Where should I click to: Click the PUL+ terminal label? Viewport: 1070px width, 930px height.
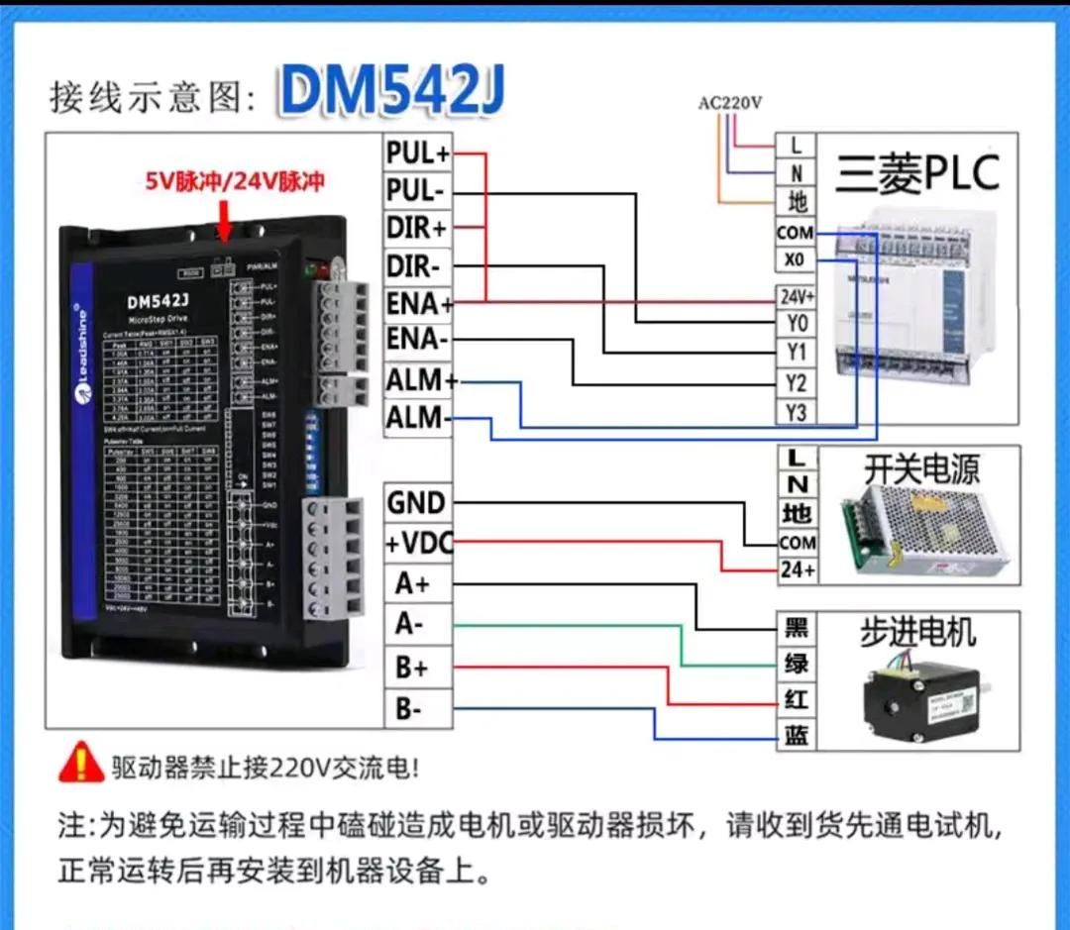pyautogui.click(x=418, y=154)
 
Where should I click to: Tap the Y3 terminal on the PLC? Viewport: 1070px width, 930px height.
pyautogui.click(x=796, y=412)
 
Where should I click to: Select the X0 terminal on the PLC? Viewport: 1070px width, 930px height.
pyautogui.click(x=796, y=261)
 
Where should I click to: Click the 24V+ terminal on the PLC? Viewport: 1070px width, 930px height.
pyautogui.click(x=797, y=296)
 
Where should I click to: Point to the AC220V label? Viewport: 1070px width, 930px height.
pyautogui.click(x=730, y=102)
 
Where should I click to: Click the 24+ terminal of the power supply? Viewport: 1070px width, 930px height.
pyautogui.click(x=797, y=570)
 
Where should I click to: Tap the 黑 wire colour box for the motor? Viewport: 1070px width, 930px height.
pyautogui.click(x=797, y=628)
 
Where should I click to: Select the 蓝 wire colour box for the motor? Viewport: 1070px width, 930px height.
pyautogui.click(x=797, y=735)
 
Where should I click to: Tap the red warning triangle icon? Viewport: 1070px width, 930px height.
pyautogui.click(x=80, y=763)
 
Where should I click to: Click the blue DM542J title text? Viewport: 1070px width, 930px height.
pyautogui.click(x=391, y=91)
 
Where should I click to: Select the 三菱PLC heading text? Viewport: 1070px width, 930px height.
pyautogui.click(x=917, y=174)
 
